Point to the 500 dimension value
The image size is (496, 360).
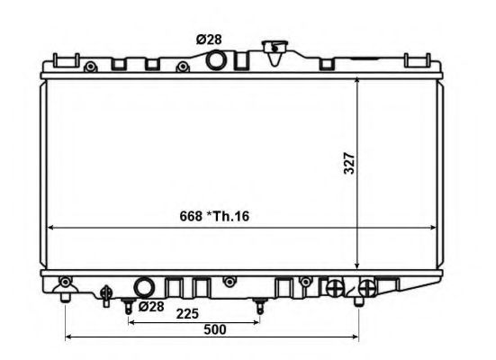pyautogui.click(x=214, y=330)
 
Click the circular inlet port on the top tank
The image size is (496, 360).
pyautogui.click(x=216, y=61)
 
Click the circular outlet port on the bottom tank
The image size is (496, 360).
pyautogui.click(x=144, y=287)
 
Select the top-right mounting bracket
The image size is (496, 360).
pyautogui.click(x=417, y=60)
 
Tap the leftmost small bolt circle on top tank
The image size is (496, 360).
pyautogui.click(x=89, y=67)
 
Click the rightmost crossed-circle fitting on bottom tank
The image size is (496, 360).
pyautogui.click(x=366, y=287)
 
